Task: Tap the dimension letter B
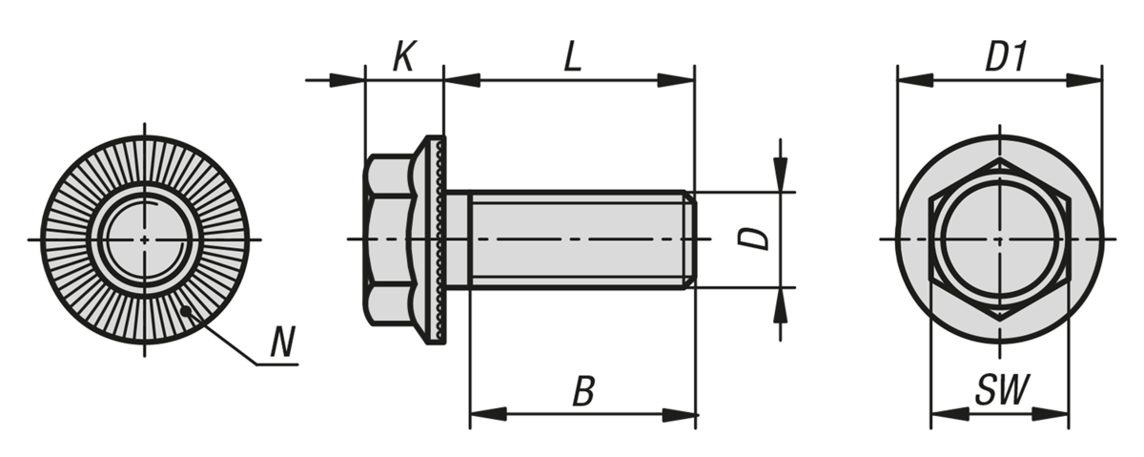pos(583,391)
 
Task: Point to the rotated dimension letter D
pos(756,238)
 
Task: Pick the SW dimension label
pos(1003,390)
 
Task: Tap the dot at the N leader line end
pos(187,309)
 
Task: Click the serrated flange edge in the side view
pos(439,239)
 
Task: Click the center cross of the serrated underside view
pos(144,239)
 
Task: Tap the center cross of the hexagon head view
pos(1000,239)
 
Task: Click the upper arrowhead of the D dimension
pos(781,177)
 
